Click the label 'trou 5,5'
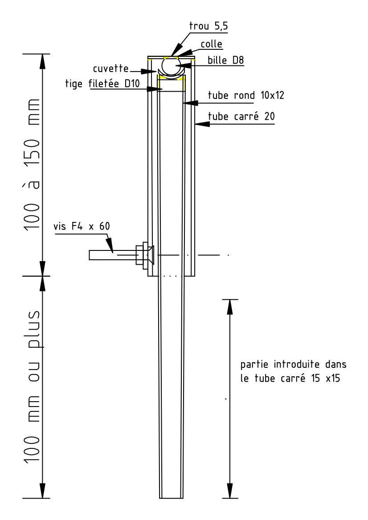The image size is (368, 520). [x=209, y=26]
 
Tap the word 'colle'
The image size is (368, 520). [x=212, y=44]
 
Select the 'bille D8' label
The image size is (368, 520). [x=226, y=60]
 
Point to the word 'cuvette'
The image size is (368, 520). [x=110, y=69]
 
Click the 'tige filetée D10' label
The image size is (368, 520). [x=102, y=84]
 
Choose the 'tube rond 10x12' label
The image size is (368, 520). [x=246, y=96]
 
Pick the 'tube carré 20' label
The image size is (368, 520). [x=241, y=117]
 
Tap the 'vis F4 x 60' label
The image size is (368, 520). [x=82, y=226]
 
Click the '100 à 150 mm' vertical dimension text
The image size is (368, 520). [x=32, y=164]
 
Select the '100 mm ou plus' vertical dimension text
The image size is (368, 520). [x=33, y=387]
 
